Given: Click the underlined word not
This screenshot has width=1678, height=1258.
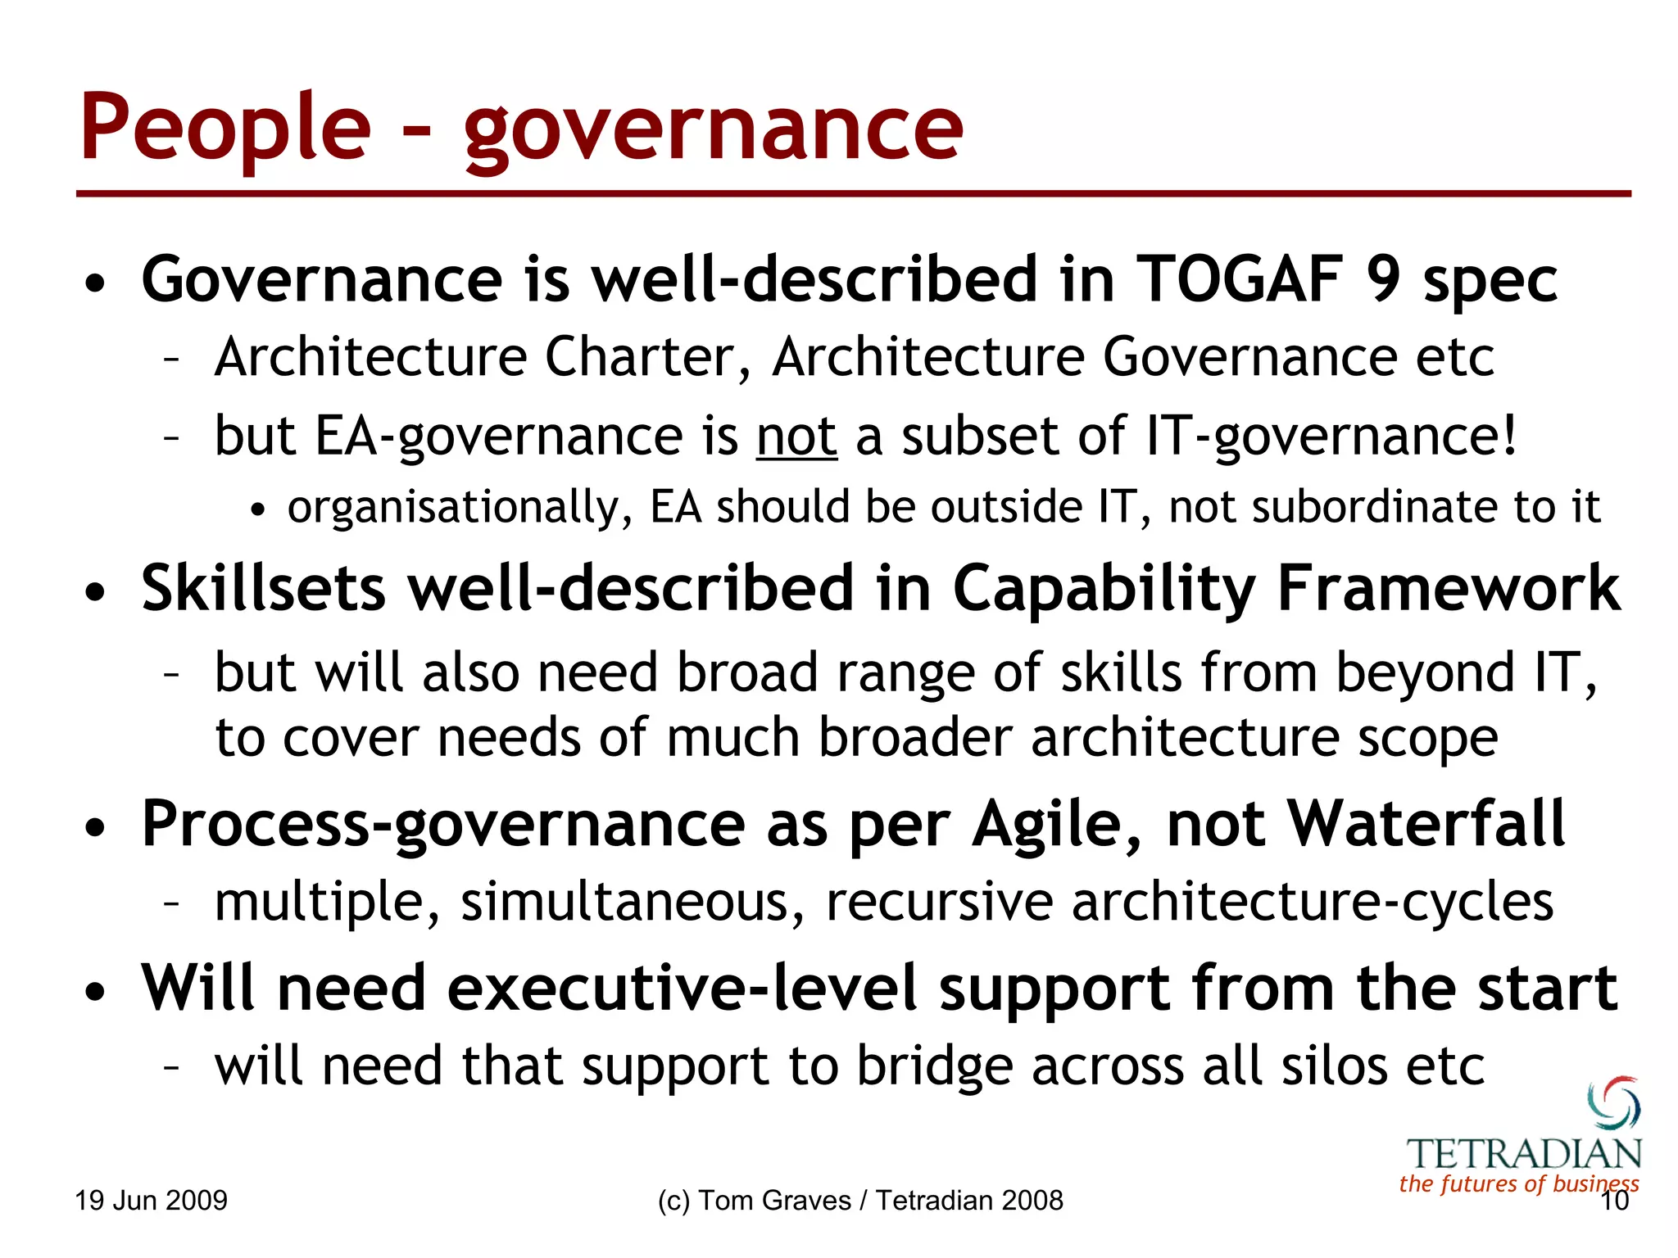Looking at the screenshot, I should click(796, 437).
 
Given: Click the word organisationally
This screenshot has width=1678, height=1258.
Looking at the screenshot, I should click(460, 507).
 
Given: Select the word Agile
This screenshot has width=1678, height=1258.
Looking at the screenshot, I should click(1056, 825).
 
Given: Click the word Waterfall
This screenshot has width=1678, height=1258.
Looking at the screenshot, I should click(1426, 825).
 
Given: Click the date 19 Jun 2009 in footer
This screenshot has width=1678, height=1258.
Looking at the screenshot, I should click(152, 1201).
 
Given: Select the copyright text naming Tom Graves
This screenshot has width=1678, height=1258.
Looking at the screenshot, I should click(860, 1201).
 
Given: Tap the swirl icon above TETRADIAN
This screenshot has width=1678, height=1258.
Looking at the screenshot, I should click(1613, 1102).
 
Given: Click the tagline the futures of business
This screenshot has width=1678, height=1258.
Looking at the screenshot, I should click(1519, 1184).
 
